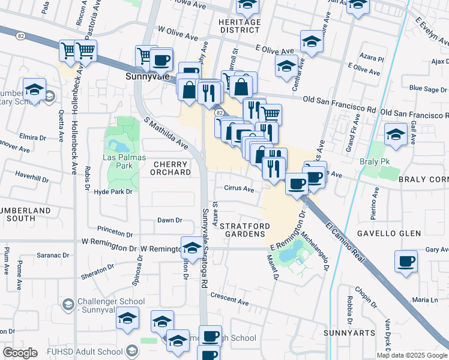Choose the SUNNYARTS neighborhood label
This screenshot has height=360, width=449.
[349, 332]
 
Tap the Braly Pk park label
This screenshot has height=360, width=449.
[379, 163]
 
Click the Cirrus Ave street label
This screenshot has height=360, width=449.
[239, 188]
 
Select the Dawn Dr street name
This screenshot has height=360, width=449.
[169, 220]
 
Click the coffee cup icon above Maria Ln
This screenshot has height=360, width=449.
[406, 262]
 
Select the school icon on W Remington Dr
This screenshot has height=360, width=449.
[191, 247]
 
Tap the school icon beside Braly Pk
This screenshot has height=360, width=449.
[396, 136]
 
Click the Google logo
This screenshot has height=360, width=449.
[20, 353]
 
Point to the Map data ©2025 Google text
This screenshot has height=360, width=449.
[412, 355]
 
